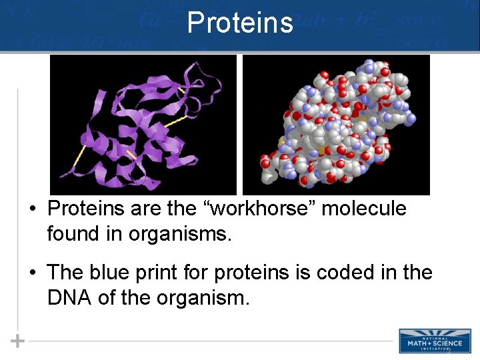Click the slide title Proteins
tap(240, 22)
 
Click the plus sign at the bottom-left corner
tap(18, 341)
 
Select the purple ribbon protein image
tap(143, 124)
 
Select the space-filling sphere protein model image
tap(336, 124)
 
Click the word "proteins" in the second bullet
tap(247, 273)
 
